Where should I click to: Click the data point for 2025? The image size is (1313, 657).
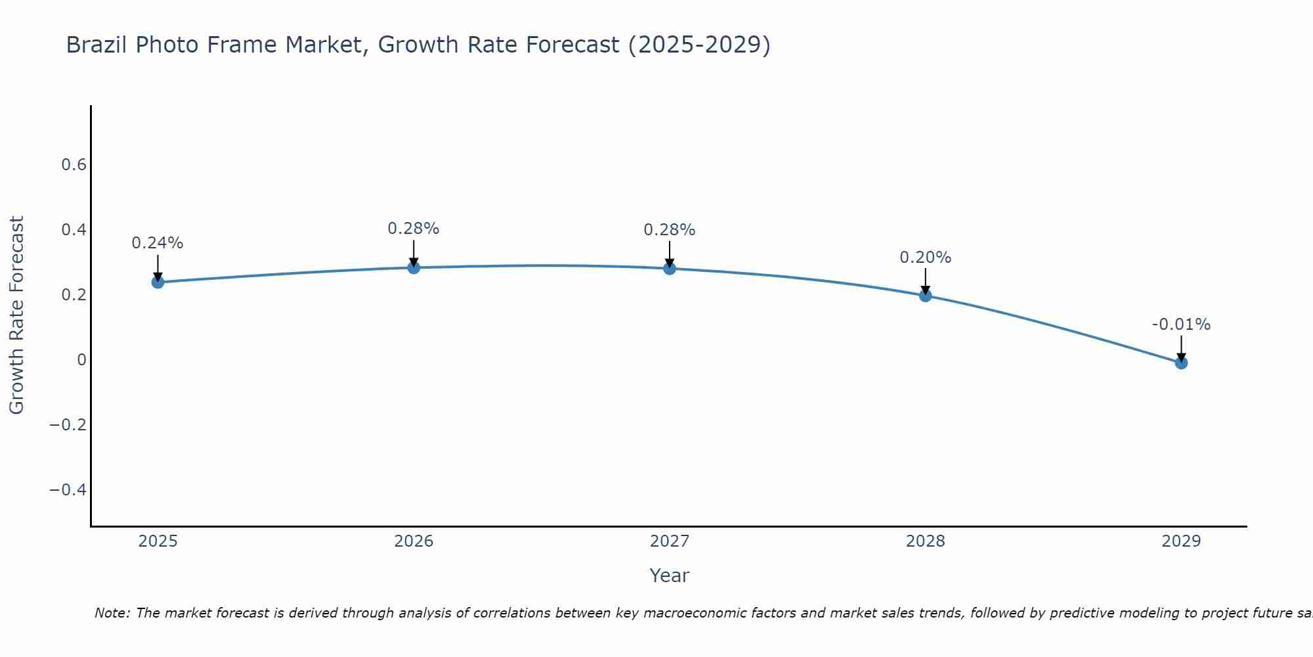coord(158,282)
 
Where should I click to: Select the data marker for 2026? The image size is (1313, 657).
coord(414,267)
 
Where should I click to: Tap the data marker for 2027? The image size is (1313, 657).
coord(670,268)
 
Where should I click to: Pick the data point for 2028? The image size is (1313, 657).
coord(925,296)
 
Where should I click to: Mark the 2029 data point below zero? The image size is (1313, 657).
coord(1181,363)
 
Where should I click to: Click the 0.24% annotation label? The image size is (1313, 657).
coord(158,243)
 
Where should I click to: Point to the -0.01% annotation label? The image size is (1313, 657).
coord(1181,325)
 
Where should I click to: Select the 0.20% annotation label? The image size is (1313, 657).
coord(925,258)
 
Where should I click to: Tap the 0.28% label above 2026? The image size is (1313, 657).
coord(414,229)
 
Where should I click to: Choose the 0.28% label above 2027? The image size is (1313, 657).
coord(670,230)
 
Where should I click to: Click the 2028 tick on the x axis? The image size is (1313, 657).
coord(925,541)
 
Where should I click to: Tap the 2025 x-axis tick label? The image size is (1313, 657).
coord(158,541)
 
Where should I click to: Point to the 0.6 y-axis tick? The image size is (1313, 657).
coord(74,165)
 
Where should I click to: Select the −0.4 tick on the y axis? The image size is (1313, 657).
coord(68,490)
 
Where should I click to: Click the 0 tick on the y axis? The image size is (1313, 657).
coord(82,360)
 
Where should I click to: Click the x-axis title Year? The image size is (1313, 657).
coord(670,576)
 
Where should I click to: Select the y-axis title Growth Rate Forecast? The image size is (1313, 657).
coord(16,315)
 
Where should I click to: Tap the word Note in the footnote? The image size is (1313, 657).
coord(112,613)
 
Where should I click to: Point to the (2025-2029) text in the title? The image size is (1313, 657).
coord(699,45)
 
